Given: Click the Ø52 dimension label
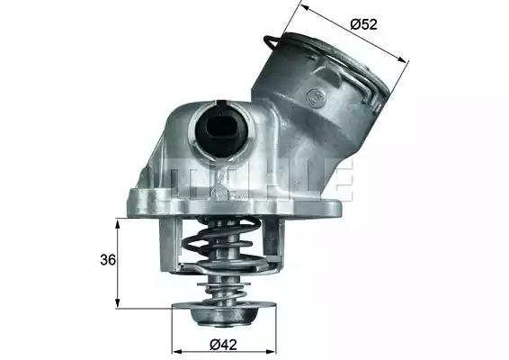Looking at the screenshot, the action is tap(363, 24).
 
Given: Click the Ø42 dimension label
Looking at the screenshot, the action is tap(223, 345).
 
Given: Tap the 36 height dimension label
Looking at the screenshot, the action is tap(108, 260).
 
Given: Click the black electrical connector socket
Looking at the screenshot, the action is tap(222, 130).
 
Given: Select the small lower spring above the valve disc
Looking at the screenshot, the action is tap(226, 292).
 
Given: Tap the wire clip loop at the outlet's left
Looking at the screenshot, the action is tap(272, 42).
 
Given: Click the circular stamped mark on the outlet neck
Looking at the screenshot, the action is tap(316, 97).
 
